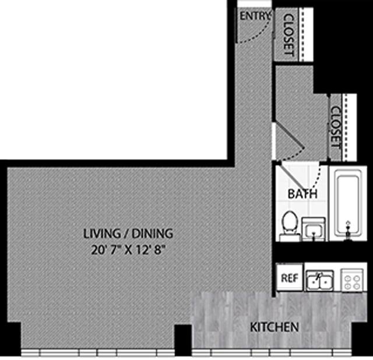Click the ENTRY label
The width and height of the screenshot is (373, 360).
tap(255, 16)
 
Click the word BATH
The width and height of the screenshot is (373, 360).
tap(303, 194)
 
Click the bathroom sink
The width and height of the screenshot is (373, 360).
tap(315, 228)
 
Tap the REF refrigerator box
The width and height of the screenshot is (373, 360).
tap(290, 278)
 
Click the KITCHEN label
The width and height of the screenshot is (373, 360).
tap(275, 327)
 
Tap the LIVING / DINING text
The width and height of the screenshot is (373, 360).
tap(128, 234)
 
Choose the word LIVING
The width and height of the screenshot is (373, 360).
tap(102, 234)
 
